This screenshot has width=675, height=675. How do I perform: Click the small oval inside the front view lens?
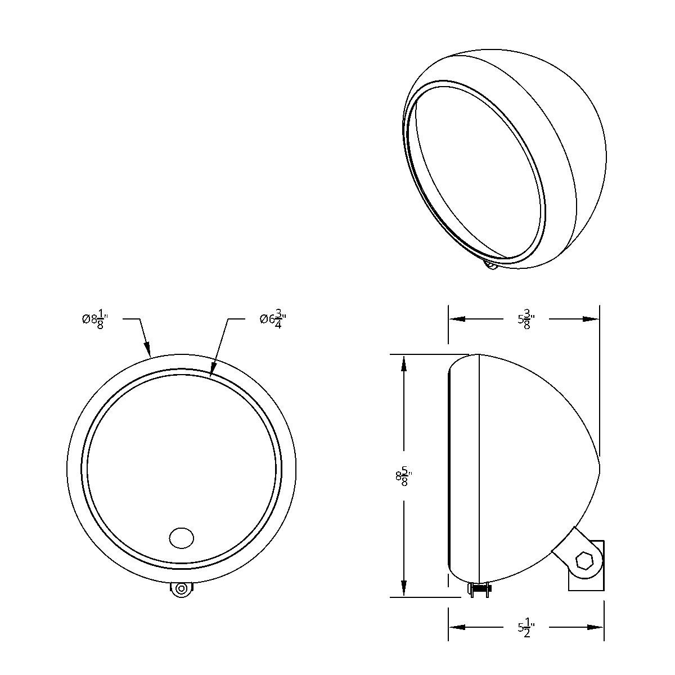181,537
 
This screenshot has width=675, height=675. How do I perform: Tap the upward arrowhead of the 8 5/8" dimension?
403,363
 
